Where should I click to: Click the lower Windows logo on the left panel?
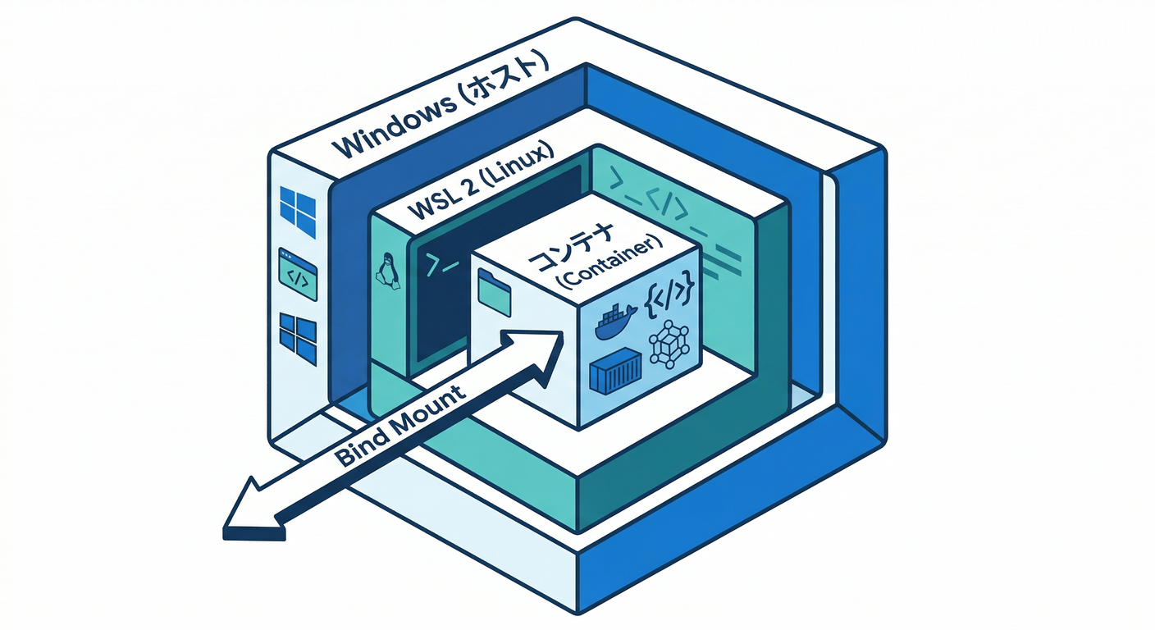(x=298, y=337)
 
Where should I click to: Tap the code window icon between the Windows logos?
(x=298, y=274)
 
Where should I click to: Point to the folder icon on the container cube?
(x=495, y=292)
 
